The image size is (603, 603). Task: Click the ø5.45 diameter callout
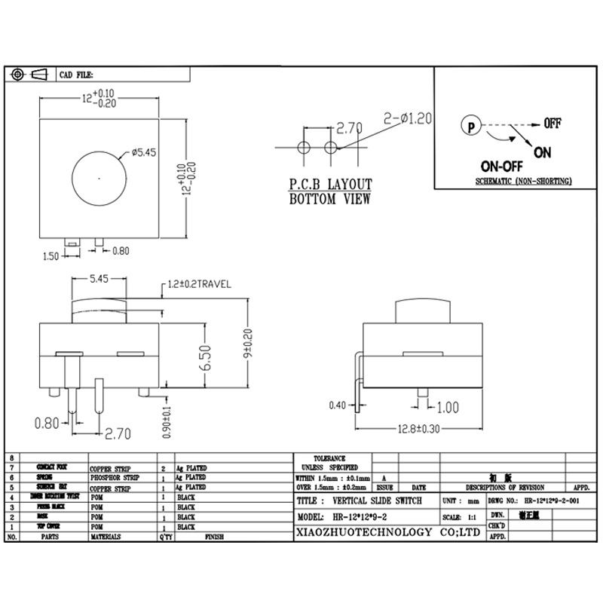[143, 152]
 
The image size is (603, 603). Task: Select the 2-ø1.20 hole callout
[407, 118]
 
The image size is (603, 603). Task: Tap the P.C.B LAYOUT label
[331, 185]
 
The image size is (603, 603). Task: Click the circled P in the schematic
[471, 127]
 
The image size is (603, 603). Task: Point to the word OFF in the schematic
[552, 123]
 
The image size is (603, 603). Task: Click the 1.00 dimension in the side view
[447, 408]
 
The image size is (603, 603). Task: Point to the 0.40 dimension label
[337, 406]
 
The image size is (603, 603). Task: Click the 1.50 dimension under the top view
[51, 256]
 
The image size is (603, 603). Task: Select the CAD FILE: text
[75, 75]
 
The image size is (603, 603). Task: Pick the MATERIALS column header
[107, 537]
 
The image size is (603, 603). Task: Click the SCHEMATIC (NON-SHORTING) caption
[523, 182]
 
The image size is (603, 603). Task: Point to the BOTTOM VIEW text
[330, 200]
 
